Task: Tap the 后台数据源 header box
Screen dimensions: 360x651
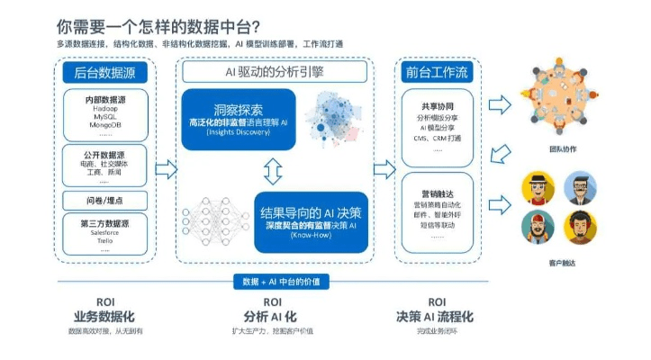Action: (105, 71)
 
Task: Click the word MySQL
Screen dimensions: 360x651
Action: (105, 117)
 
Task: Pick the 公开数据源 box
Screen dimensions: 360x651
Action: (105, 167)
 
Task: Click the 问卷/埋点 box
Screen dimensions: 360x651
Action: (105, 200)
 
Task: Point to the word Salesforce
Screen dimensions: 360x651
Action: (105, 232)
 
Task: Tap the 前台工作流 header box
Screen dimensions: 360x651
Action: (437, 71)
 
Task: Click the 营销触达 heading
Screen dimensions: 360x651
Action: (437, 192)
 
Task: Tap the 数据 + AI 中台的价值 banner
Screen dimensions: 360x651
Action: (274, 283)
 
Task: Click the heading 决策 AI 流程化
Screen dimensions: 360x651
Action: (436, 317)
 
